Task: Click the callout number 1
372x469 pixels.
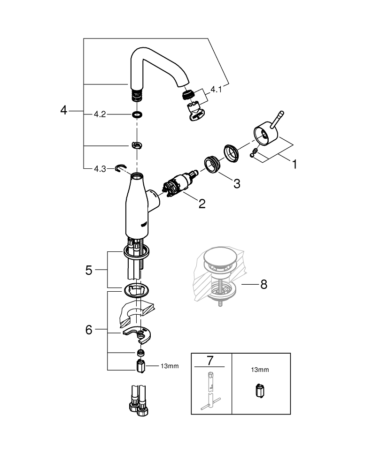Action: click(294, 165)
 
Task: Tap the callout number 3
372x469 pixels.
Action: click(236, 183)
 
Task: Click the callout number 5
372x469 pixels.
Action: click(89, 270)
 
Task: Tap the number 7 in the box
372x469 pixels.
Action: click(210, 360)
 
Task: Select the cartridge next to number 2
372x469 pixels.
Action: click(178, 185)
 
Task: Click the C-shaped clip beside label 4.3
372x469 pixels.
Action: click(121, 167)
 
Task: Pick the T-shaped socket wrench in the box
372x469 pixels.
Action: click(209, 391)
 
